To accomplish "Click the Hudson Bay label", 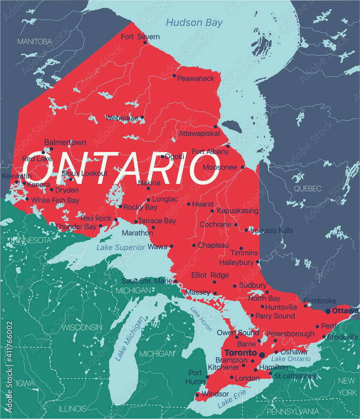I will click(194, 22).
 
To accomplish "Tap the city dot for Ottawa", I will click(328, 311).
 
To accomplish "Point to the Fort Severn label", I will click(140, 37).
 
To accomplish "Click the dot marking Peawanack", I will click(175, 76).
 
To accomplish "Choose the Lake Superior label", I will click(121, 247).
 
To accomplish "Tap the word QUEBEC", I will click(307, 189).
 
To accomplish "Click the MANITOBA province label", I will click(34, 41).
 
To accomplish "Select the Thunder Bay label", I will click(76, 226).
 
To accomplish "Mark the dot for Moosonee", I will click(242, 167).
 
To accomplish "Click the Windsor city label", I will click(215, 394).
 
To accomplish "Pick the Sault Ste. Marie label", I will click(147, 281).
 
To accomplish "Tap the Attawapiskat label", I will click(199, 134).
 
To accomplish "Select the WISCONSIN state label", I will click(82, 327).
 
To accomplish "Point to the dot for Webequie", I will click(142, 117).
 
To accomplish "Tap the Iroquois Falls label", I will click(272, 230).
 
